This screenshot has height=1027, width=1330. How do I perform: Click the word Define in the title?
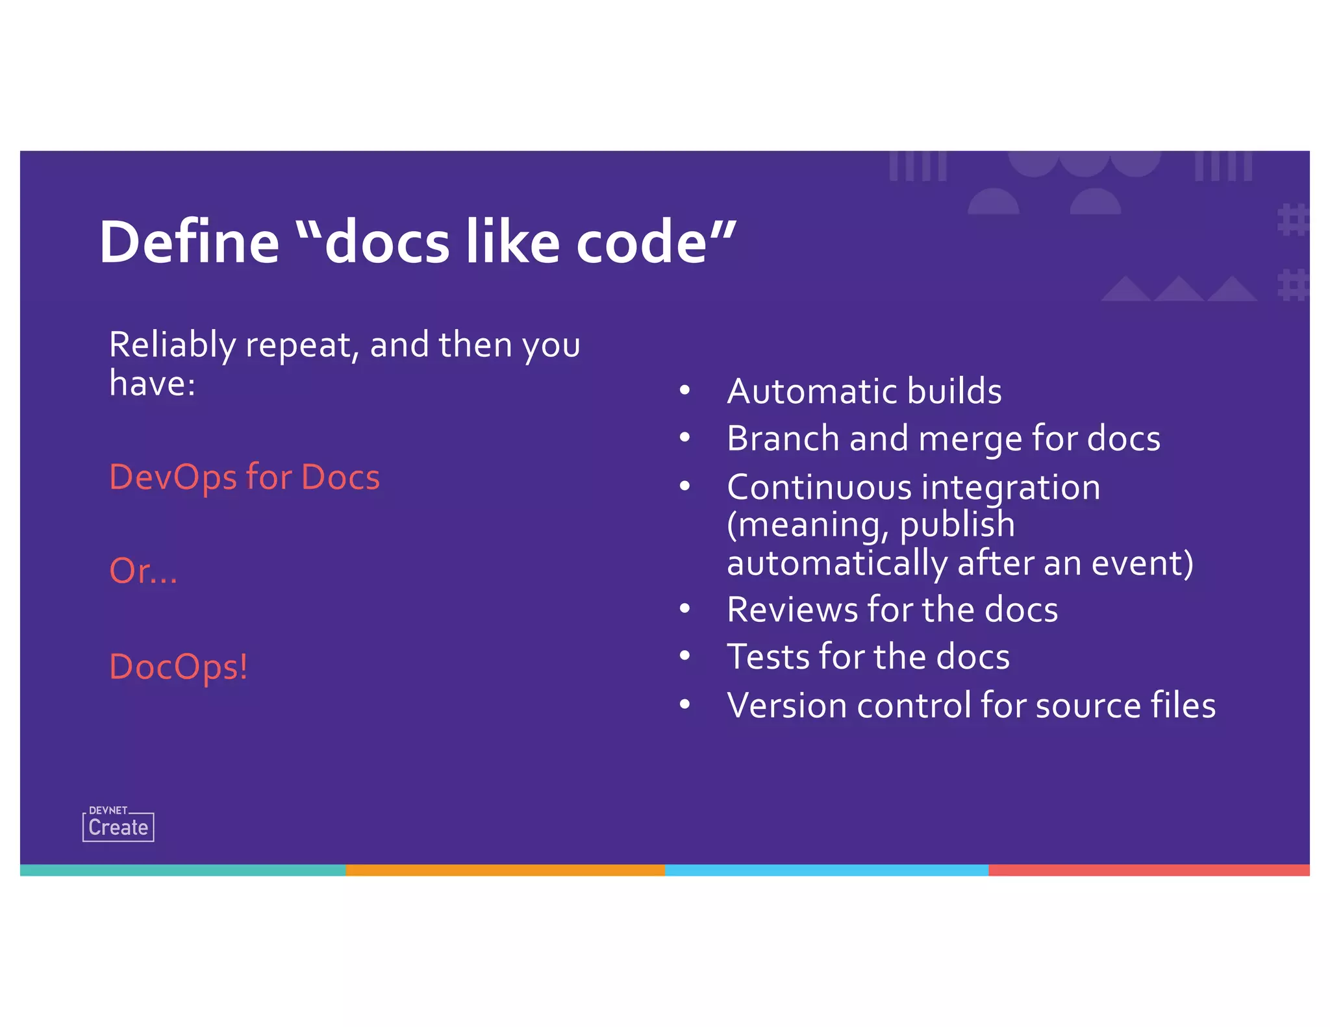(189, 242)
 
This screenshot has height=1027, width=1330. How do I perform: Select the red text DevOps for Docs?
(244, 477)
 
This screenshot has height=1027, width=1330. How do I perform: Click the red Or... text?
(143, 571)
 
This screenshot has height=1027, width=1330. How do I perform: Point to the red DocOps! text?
(179, 667)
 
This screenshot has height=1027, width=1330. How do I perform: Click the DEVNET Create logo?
(118, 825)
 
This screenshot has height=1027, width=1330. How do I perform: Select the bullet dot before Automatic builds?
(684, 391)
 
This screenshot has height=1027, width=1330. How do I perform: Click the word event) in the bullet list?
(1142, 563)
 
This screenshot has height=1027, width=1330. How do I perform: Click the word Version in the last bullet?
(786, 706)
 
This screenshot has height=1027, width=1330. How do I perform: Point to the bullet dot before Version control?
(684, 704)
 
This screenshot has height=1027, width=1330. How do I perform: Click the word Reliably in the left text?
(172, 345)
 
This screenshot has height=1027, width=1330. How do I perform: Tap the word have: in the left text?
(152, 383)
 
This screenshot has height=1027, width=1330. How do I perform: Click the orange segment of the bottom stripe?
(505, 870)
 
